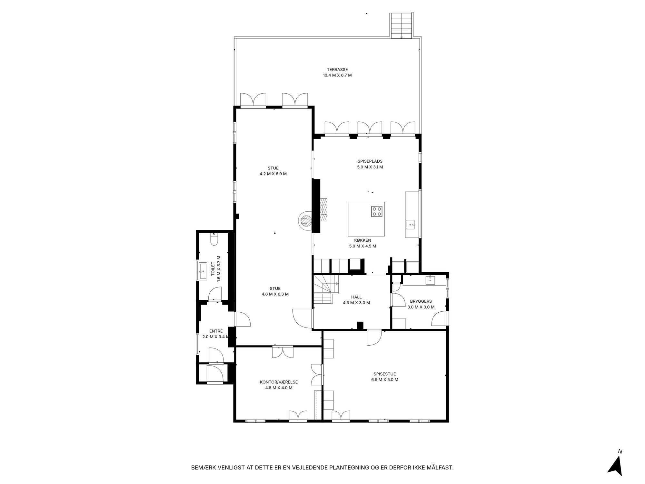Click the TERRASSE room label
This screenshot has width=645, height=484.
click(x=337, y=69)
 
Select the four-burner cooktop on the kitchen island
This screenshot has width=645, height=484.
click(x=377, y=211)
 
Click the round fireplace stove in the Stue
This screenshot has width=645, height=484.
click(x=305, y=221)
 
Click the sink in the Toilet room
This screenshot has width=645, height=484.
click(x=203, y=271)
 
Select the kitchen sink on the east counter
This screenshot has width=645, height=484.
click(x=411, y=224)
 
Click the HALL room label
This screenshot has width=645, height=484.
click(x=356, y=297)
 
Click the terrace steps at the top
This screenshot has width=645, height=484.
click(x=402, y=26)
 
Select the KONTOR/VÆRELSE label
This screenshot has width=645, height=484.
click(x=279, y=382)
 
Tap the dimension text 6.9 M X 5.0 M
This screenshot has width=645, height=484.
click(x=385, y=379)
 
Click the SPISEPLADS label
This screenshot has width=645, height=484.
click(x=370, y=161)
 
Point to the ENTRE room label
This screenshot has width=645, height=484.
click(x=216, y=331)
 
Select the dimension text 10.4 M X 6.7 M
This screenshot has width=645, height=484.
click(x=337, y=75)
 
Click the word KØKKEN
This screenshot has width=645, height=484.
click(x=362, y=240)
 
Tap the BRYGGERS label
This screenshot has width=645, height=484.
click(x=421, y=301)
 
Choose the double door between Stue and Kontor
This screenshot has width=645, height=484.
click(x=283, y=352)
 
